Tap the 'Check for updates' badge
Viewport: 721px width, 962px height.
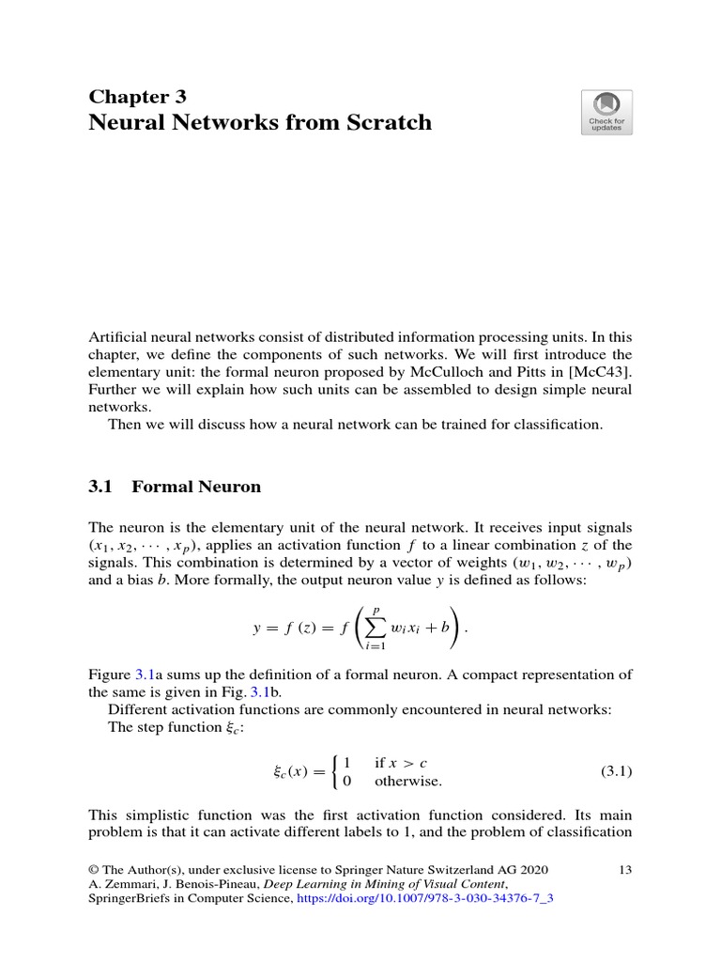[606, 113]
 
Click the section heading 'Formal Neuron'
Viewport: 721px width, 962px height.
[196, 487]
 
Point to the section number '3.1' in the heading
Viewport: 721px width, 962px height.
[100, 487]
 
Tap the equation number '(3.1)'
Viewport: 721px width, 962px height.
[616, 771]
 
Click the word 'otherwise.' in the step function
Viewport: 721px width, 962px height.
[408, 781]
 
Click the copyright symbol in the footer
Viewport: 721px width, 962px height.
[93, 870]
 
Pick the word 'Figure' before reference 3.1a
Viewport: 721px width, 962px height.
[109, 674]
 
